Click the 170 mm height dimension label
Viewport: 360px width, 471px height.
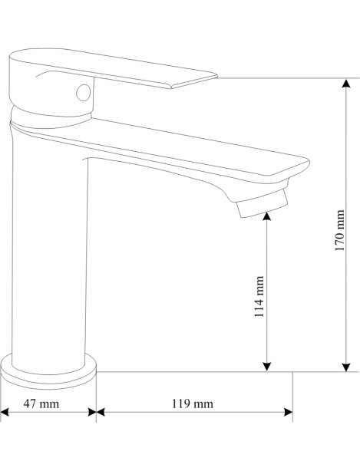340,230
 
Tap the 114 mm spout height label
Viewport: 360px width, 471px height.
259,297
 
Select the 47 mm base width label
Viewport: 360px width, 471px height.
41,403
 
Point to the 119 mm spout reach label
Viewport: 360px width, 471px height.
193,403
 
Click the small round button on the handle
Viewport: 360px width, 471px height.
83,93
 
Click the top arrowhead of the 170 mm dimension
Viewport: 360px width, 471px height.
346,84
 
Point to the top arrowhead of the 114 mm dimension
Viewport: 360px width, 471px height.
267,216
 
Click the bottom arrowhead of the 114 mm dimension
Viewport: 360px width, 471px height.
267,367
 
